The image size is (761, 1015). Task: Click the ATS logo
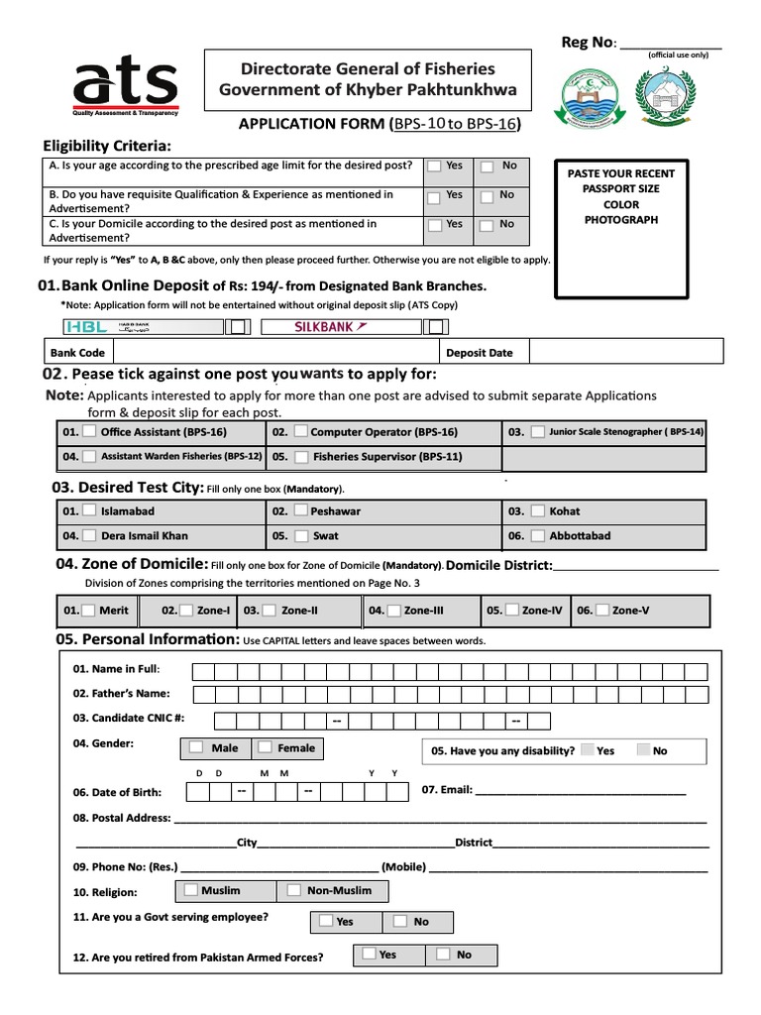[x=123, y=85]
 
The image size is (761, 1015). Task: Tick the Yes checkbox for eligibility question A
[x=434, y=168]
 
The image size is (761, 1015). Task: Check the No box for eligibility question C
[x=488, y=225]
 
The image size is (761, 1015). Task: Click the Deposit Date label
[x=480, y=352]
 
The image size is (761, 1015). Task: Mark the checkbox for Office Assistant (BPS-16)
[x=90, y=432]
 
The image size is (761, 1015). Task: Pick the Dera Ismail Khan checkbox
[x=89, y=536]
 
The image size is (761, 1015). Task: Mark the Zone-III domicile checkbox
[x=394, y=611]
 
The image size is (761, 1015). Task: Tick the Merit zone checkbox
[x=89, y=611]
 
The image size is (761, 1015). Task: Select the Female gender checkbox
[x=266, y=747]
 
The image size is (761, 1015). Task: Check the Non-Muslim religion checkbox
[x=293, y=890]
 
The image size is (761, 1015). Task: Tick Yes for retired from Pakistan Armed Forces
[x=368, y=954]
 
